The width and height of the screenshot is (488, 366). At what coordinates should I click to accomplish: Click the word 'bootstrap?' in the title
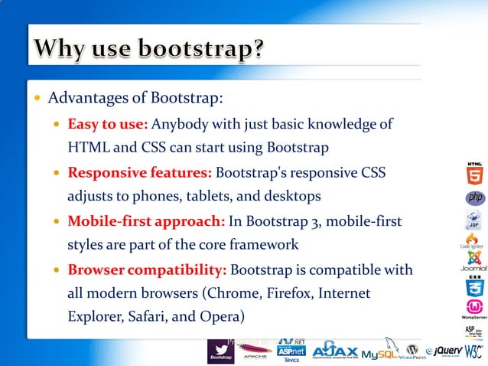[x=202, y=51]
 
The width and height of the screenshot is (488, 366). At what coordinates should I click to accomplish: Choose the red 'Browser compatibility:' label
[x=147, y=271]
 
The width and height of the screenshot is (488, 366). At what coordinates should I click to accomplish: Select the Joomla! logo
[x=475, y=260]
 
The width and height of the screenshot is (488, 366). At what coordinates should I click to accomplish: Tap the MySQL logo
[x=382, y=353]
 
